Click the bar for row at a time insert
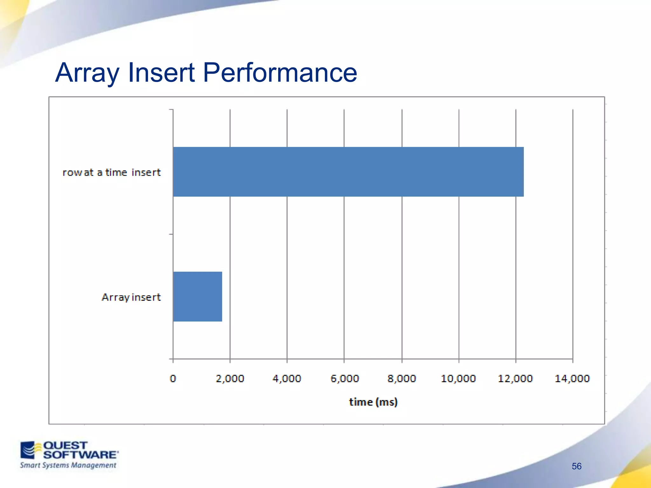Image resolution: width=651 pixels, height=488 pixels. point(348,172)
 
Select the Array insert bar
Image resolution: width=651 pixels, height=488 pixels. point(197,296)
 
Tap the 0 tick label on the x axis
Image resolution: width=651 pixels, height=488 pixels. point(173,378)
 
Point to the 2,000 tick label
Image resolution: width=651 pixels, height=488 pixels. point(230,378)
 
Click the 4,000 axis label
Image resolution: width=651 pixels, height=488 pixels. point(287,378)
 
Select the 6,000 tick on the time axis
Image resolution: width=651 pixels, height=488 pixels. point(345,378)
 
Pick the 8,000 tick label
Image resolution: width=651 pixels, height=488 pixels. point(401,378)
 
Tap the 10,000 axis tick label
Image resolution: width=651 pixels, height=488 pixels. point(458,378)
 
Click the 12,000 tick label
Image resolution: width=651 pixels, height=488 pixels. point(515,378)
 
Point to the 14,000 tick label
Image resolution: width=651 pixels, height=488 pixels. point(572,378)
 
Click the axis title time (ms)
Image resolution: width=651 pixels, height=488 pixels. point(373,402)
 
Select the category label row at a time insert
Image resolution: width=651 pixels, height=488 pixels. point(112,172)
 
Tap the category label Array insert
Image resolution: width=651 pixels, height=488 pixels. point(131,297)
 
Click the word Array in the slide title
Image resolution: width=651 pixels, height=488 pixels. point(87,73)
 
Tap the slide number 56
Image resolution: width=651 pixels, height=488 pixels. point(576,466)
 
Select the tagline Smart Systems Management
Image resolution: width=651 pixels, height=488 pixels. point(68,465)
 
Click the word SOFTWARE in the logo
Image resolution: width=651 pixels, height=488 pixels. point(80,455)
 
